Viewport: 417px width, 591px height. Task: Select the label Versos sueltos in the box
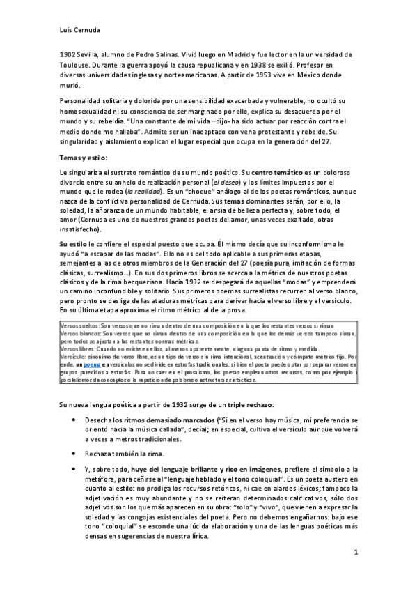(x=78, y=326)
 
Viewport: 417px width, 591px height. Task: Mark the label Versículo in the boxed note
(x=74, y=355)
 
